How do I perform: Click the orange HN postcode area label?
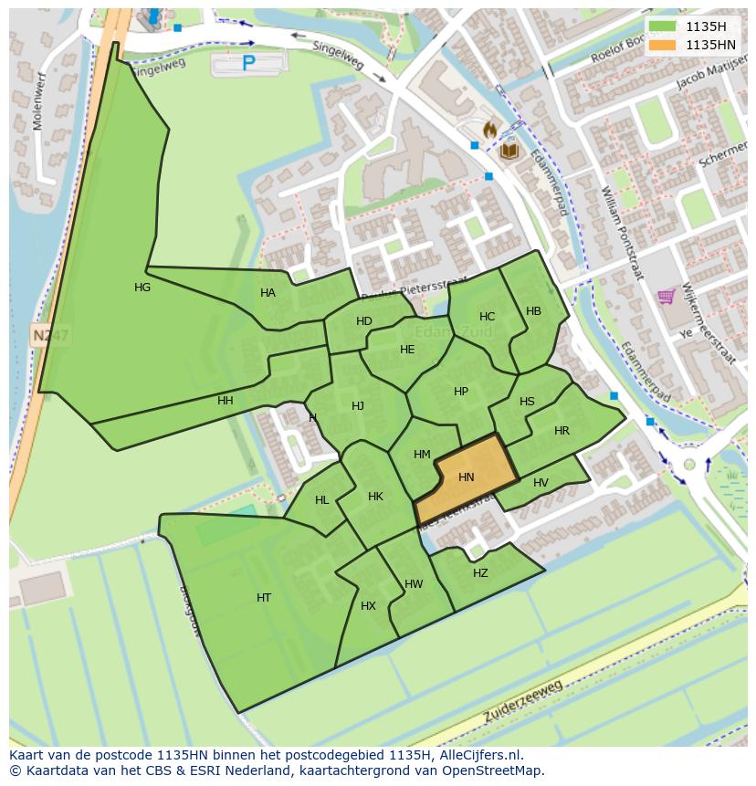click(x=467, y=477)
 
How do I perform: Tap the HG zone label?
click(x=142, y=288)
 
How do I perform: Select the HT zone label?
click(x=264, y=598)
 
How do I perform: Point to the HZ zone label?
click(x=480, y=573)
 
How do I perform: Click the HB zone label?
click(x=534, y=311)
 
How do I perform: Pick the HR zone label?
click(x=562, y=431)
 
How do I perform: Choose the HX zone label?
click(x=368, y=606)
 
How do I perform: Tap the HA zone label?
click(x=268, y=293)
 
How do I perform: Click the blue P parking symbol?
click(x=248, y=63)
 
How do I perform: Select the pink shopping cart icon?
click(x=667, y=296)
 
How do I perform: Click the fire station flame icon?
click(x=489, y=131)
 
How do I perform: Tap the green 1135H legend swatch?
click(x=663, y=26)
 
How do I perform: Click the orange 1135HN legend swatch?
click(x=663, y=44)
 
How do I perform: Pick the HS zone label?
click(x=527, y=402)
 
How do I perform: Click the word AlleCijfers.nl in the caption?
click(x=476, y=755)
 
